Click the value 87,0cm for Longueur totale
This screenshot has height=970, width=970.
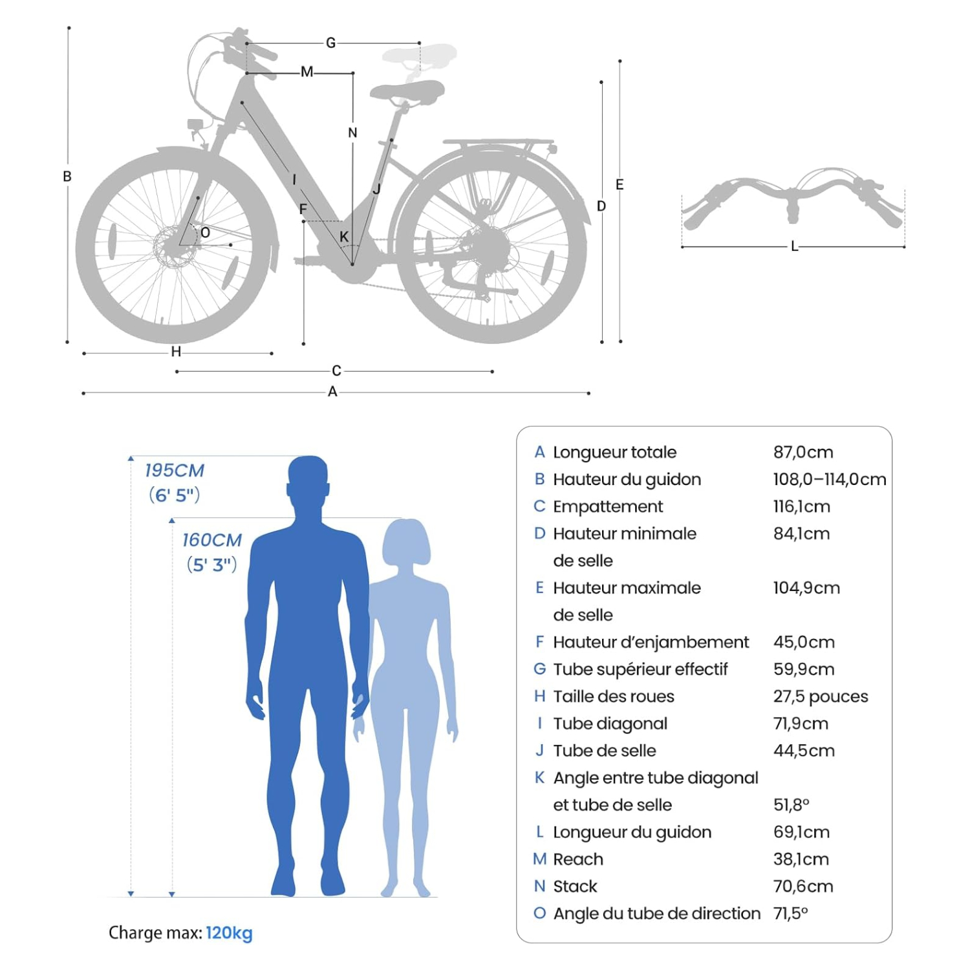click(x=803, y=452)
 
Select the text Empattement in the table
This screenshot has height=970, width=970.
click(x=608, y=506)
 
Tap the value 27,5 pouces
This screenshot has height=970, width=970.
click(x=821, y=696)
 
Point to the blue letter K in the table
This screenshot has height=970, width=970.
click(x=540, y=777)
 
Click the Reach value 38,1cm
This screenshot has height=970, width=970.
click(x=801, y=859)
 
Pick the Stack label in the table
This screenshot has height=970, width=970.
click(x=575, y=887)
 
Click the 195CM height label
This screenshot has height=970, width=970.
click(x=174, y=470)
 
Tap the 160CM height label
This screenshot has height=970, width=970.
click(x=211, y=540)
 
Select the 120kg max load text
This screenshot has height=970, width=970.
click(x=230, y=933)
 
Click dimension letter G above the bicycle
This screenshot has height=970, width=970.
click(x=331, y=43)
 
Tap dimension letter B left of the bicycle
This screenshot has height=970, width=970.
click(x=67, y=176)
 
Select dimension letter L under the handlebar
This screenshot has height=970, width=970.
click(x=794, y=246)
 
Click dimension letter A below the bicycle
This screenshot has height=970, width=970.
click(x=332, y=391)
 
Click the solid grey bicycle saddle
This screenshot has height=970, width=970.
click(x=407, y=91)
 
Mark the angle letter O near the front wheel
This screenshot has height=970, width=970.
click(x=205, y=233)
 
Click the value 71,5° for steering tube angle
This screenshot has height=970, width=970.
click(x=791, y=914)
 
